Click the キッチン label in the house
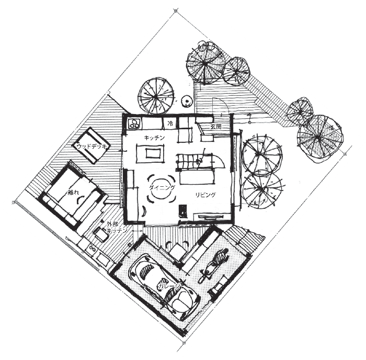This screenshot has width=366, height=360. point(155,138)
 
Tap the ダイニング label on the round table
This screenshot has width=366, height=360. point(162,187)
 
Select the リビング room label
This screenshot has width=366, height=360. point(205,195)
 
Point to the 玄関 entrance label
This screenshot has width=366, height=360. point(216,127)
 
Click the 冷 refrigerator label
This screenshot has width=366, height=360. point(170,124)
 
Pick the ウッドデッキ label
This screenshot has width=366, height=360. point(92,147)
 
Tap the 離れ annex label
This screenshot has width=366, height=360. point(73,193)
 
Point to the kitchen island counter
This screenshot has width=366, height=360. point(151,153)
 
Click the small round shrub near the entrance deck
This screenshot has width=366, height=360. point(187,102)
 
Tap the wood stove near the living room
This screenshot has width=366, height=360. point(183,211)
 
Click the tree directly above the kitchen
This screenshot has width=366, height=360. point(156,96)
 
